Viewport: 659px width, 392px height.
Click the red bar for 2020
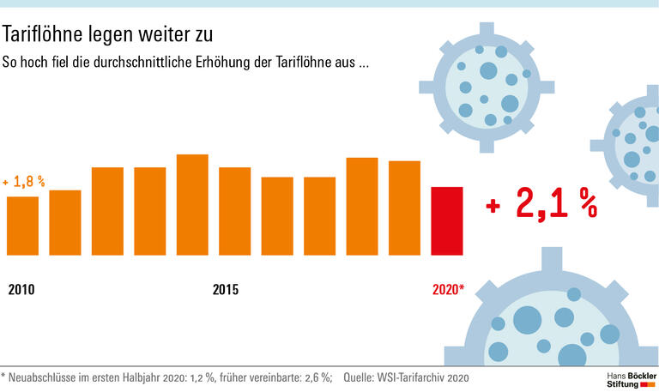click(x=446, y=220)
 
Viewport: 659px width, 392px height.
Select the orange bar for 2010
click(x=22, y=226)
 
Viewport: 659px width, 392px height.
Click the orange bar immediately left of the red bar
click(x=404, y=208)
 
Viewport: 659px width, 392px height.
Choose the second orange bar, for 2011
click(x=65, y=222)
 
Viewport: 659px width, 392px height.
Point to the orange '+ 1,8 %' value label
click(x=24, y=182)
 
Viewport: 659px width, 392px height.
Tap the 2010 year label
click(x=21, y=290)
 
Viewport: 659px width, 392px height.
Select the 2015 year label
click(x=226, y=290)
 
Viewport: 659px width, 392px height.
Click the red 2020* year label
click(x=447, y=290)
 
